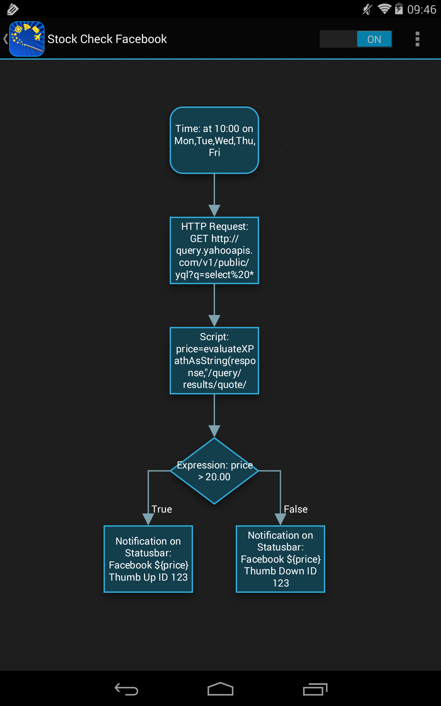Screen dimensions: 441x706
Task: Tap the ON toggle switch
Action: point(356,39)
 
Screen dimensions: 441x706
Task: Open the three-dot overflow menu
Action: point(417,39)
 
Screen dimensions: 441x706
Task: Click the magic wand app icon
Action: point(27,39)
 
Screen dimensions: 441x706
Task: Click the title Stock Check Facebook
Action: point(107,39)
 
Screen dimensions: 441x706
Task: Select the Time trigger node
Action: point(214,140)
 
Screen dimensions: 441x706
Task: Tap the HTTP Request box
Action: point(214,250)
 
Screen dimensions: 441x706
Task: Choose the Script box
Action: point(214,361)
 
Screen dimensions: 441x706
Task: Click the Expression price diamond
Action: point(214,471)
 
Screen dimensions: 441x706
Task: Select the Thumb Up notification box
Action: point(148,559)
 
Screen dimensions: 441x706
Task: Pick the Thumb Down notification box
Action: point(280,559)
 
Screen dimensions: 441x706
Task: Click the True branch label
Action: point(162,509)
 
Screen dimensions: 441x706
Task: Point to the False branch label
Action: point(295,509)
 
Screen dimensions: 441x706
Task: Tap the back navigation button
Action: point(126,689)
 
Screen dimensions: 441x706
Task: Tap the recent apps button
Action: point(315,689)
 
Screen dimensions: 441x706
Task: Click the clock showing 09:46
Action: point(422,9)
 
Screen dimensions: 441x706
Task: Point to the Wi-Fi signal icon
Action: point(384,9)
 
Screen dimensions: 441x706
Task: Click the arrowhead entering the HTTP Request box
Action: point(214,211)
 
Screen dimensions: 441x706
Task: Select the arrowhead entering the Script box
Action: point(214,321)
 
